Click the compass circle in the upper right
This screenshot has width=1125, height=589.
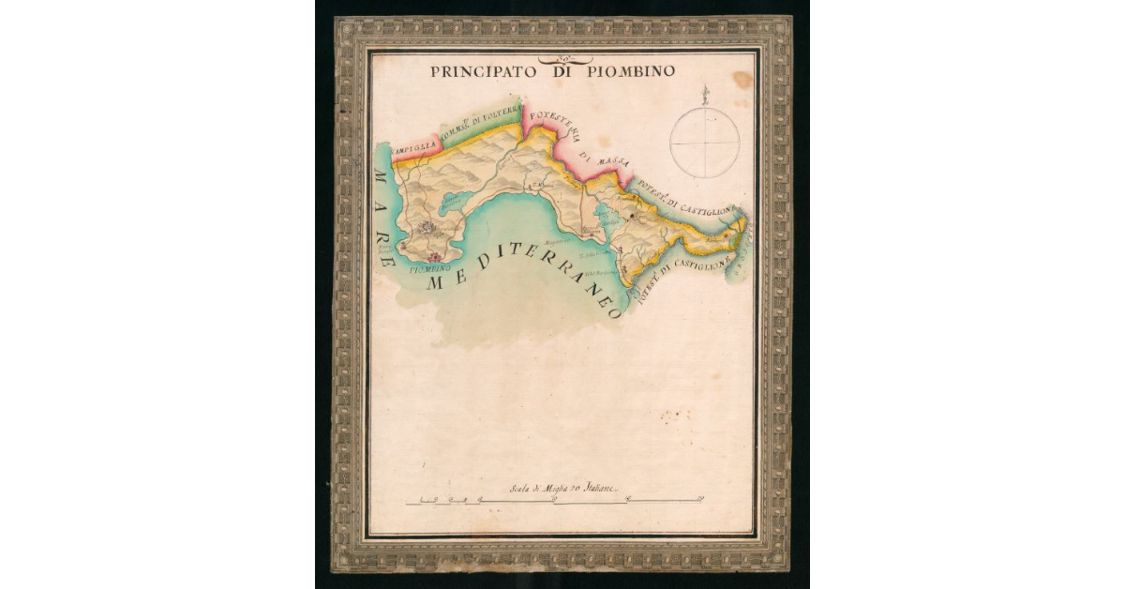point(704,143)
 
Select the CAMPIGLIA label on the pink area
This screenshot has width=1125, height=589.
point(413,149)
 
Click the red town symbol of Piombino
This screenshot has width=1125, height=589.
point(433,256)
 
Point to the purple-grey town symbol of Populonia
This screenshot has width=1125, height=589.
point(427,227)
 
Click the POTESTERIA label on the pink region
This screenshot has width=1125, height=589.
point(549,122)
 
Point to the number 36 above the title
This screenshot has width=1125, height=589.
point(547,57)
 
